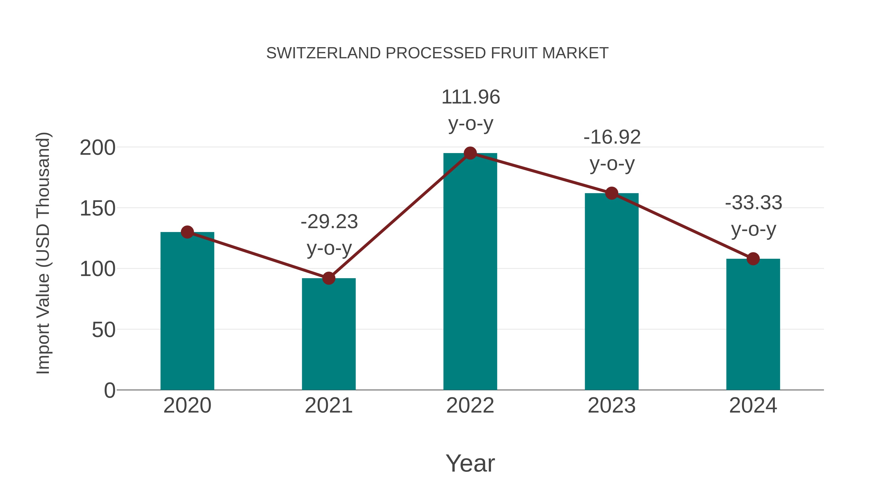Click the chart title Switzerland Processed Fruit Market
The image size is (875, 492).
point(437,53)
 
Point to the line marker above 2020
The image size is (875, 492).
point(187,232)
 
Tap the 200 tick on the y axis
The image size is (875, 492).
point(97,148)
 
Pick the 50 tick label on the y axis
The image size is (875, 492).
point(103,330)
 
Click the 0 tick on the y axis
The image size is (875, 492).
point(109,390)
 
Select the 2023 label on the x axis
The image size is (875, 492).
point(612,406)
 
